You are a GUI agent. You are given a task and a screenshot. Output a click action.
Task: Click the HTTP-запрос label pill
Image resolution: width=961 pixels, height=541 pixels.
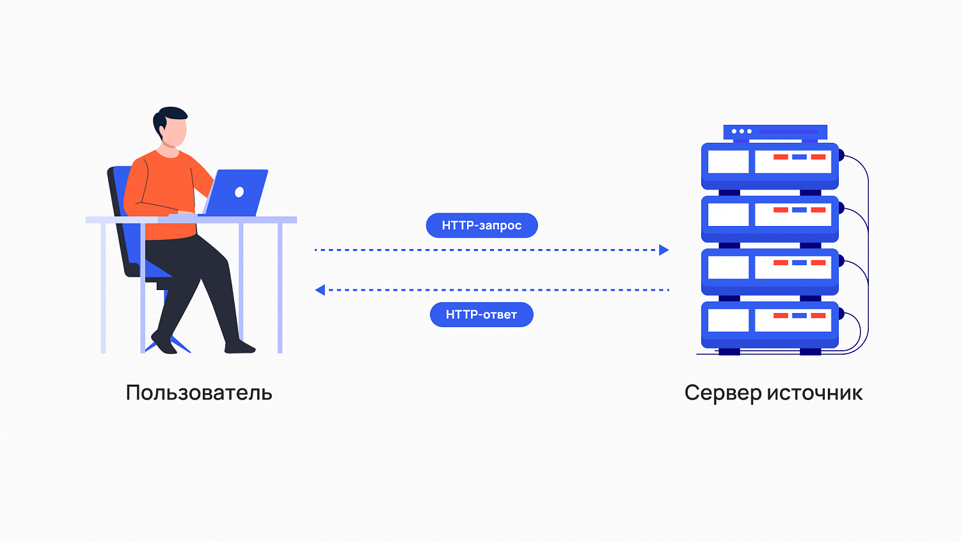click(x=482, y=225)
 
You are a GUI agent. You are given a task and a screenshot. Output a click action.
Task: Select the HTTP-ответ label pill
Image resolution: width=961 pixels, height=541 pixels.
click(x=481, y=314)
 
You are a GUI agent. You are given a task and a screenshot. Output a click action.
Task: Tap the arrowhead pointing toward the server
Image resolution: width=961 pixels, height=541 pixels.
click(x=664, y=250)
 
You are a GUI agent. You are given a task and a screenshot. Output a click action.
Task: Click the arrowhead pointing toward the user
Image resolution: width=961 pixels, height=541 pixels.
click(x=320, y=290)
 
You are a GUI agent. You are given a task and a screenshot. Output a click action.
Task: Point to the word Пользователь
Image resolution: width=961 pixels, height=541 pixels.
click(x=199, y=392)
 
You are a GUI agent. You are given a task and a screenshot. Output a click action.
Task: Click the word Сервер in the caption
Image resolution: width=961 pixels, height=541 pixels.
click(x=722, y=392)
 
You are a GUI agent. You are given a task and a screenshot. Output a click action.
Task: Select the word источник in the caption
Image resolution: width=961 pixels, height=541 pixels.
click(x=814, y=392)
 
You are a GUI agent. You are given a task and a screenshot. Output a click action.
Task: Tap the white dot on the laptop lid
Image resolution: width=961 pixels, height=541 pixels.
click(x=239, y=191)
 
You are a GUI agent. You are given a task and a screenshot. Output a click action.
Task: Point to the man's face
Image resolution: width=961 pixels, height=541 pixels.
click(x=175, y=133)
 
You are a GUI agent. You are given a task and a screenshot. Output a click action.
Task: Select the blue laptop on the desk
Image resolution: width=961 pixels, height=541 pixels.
click(x=235, y=192)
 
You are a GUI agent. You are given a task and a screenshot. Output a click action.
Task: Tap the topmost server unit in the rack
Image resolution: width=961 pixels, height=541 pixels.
click(x=770, y=165)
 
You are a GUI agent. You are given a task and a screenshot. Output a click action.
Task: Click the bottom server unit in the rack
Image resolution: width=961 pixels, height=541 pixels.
click(x=770, y=324)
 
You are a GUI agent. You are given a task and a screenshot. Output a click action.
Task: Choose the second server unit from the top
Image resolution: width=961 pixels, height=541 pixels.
click(x=770, y=218)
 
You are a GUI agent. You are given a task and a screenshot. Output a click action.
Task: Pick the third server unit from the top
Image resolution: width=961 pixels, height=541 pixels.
click(x=770, y=271)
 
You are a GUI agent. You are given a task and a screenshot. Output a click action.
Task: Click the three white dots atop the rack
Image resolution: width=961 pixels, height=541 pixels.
click(x=742, y=131)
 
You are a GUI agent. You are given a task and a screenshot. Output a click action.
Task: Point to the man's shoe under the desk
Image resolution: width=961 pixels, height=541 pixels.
click(x=240, y=348)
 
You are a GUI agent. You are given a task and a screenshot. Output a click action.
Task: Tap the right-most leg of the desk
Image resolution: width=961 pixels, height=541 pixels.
click(x=280, y=288)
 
